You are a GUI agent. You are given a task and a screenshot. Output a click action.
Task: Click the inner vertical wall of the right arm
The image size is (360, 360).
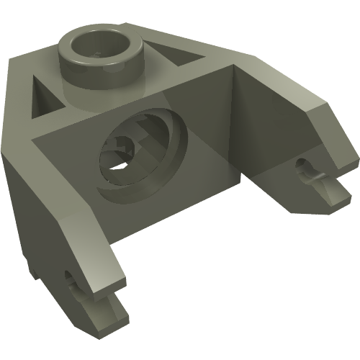click(266, 144)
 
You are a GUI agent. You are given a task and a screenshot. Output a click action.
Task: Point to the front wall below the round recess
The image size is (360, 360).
click(151, 209)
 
